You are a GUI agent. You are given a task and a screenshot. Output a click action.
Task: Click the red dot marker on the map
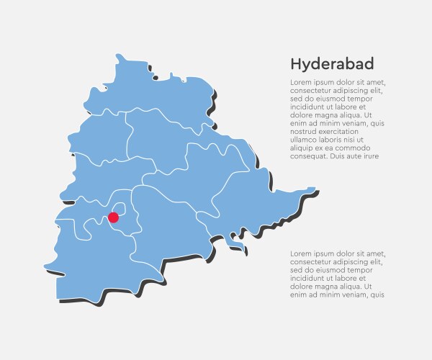[113, 217]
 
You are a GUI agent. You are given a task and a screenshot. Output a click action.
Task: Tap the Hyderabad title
[332, 64]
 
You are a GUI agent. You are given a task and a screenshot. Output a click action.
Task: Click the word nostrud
[303, 131]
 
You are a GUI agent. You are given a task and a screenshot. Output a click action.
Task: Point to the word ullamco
[305, 140]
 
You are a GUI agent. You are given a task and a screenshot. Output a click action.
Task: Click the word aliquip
[303, 148]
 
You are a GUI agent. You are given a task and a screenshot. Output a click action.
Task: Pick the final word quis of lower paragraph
[377, 294]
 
